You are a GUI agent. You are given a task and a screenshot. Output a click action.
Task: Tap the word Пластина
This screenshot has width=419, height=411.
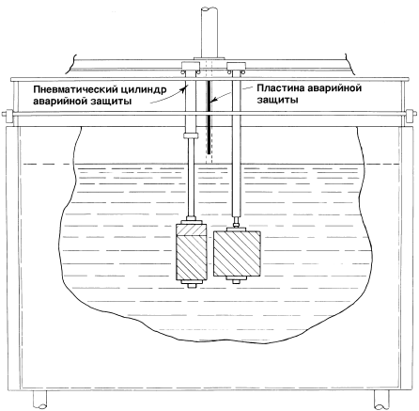281,88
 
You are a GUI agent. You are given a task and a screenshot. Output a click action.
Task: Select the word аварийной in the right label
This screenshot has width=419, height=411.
334,88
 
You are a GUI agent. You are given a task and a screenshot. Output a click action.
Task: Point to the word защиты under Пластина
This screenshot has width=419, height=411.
277,100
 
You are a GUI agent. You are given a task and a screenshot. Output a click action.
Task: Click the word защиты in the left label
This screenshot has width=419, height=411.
111,102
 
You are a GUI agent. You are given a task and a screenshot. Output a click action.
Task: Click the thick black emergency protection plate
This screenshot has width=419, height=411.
209,117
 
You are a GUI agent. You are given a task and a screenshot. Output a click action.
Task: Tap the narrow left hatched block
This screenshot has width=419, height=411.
192,251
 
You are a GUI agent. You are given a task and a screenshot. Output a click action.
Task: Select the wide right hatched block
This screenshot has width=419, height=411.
237,254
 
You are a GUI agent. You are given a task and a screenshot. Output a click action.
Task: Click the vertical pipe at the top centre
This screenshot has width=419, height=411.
209,30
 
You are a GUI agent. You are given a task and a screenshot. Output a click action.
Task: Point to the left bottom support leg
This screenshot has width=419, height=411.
39,400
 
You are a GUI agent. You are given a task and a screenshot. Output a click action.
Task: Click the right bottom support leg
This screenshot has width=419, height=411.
381,400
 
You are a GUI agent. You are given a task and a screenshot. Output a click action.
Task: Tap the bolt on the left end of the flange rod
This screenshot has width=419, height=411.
8,118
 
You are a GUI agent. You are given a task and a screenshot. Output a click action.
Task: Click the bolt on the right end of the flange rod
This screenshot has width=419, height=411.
411,117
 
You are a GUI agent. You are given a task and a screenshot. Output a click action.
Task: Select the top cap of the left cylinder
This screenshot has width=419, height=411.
191,66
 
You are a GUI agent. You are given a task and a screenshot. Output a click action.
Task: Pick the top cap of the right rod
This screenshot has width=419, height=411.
236,66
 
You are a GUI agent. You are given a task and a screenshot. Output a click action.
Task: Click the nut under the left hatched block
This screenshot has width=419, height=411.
191,285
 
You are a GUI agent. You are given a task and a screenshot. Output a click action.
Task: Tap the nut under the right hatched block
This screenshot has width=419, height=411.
237,281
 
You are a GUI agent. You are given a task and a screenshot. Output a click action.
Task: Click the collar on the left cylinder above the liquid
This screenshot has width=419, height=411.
191,135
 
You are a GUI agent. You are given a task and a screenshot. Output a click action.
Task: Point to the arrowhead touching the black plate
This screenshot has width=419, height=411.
213,101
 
